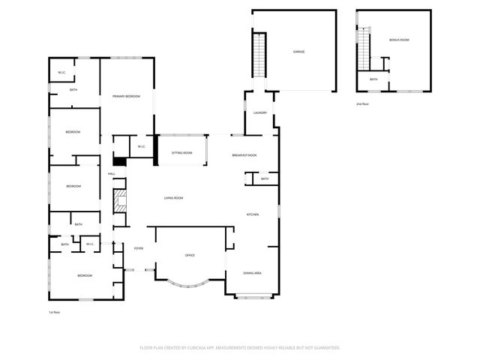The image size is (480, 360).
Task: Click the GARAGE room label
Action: [x=298, y=52]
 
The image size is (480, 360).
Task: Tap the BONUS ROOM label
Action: [x=399, y=39]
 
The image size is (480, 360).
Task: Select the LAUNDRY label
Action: [x=260, y=112]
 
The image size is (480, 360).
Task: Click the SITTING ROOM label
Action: [x=181, y=152]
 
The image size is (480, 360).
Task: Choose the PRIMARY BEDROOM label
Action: [x=127, y=97]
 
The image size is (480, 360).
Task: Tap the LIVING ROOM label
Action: [x=174, y=198]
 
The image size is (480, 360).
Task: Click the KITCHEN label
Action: [x=253, y=215]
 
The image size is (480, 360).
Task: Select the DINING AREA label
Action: [x=253, y=273]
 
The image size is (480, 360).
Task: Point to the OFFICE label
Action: [x=190, y=256]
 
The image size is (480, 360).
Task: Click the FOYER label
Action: [x=139, y=248]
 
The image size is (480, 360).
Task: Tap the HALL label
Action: [x=111, y=174]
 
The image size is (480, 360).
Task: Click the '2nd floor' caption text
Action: [x=362, y=104]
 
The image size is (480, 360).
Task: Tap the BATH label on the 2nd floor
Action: [x=373, y=79]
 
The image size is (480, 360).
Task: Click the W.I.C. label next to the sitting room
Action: [x=140, y=146]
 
